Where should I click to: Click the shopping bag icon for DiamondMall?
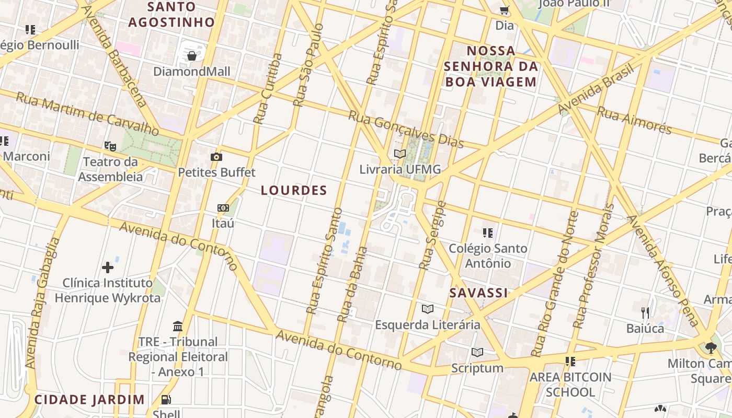click(192, 56)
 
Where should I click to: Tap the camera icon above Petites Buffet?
click(216, 157)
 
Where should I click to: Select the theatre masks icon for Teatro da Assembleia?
click(110, 146)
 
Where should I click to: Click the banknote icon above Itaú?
click(223, 208)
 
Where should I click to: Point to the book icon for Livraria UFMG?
click(400, 154)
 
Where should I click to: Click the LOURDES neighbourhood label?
click(294, 191)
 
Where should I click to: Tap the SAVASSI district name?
click(479, 293)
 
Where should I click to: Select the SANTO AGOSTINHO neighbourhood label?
click(172, 15)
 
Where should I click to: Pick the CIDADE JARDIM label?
click(89, 400)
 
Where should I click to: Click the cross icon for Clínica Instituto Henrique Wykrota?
click(108, 268)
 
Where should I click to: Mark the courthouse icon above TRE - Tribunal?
click(178, 326)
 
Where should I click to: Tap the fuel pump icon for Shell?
click(166, 400)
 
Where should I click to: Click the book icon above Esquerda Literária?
click(428, 309)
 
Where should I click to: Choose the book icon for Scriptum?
click(477, 352)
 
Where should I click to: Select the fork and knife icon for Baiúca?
click(645, 313)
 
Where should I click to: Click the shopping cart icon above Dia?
click(505, 10)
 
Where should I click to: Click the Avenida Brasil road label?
click(596, 89)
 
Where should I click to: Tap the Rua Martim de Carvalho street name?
click(87, 114)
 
